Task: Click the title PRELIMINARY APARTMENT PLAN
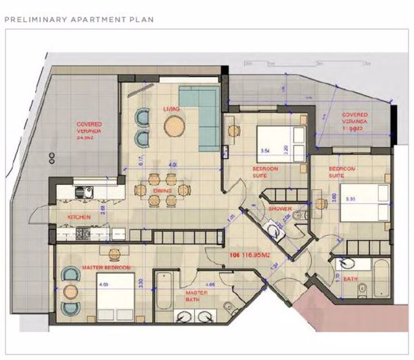(79, 20)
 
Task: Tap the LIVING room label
(170, 109)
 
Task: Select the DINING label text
(162, 192)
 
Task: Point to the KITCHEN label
(79, 217)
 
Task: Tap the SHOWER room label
(279, 210)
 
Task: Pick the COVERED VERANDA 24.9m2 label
(89, 129)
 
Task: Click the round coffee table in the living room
(174, 126)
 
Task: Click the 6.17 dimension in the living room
(140, 159)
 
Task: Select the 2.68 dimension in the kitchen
(102, 210)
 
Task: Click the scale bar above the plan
(304, 63)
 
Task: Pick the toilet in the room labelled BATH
(362, 291)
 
